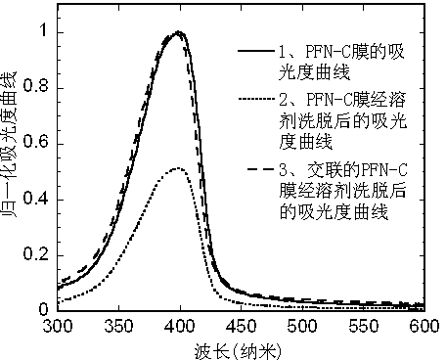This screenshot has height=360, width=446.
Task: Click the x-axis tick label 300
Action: coord(58,326)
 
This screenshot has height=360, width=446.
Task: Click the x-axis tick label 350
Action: coord(118,326)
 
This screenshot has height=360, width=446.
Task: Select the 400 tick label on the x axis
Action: coord(180,326)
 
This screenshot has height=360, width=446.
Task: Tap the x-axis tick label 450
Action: coord(242,326)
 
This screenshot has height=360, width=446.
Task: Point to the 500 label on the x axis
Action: coord(302,326)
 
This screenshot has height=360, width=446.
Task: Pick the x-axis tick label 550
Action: coord(364,326)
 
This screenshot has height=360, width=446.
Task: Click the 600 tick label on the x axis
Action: coord(424,326)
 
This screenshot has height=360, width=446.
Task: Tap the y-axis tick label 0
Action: coord(43,309)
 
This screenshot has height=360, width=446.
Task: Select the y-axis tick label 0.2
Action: coord(36,253)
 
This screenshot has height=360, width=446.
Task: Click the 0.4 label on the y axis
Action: coord(36,198)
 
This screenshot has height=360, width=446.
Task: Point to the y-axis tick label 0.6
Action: coord(36,142)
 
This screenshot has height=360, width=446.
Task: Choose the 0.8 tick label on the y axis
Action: coord(36,86)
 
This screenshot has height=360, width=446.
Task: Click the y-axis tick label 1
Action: coord(44,30)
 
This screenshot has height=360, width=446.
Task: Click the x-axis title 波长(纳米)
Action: coord(238,351)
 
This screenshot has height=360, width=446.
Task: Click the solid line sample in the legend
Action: coord(256,51)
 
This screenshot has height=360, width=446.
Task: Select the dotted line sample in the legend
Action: coord(256,99)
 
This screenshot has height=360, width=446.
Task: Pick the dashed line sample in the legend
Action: coord(261,168)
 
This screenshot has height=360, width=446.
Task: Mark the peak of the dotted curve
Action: coord(178,168)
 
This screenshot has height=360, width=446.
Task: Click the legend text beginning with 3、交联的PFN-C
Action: coord(343,191)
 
